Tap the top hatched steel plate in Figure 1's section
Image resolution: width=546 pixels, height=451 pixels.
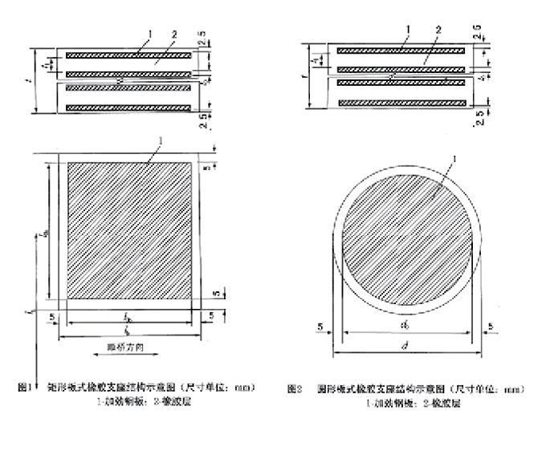(x=129, y=56)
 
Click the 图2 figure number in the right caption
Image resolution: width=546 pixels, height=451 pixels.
(x=294, y=389)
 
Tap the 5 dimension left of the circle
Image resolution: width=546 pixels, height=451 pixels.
(x=320, y=326)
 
